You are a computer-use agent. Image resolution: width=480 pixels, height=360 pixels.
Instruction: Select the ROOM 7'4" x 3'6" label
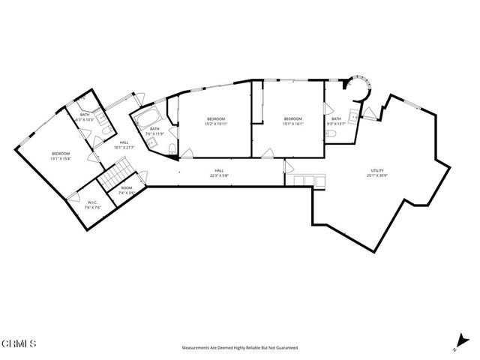126,188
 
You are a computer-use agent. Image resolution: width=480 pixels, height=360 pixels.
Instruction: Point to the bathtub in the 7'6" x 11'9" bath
143,118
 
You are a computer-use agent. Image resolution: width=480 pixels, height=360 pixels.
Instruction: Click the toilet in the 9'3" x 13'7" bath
331,133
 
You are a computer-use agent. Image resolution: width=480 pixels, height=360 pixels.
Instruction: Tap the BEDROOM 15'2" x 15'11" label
216,121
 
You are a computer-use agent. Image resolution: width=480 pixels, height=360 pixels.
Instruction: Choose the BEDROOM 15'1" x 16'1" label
292,121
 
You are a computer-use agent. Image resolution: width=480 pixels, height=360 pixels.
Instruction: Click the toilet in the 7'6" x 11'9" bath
172,147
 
